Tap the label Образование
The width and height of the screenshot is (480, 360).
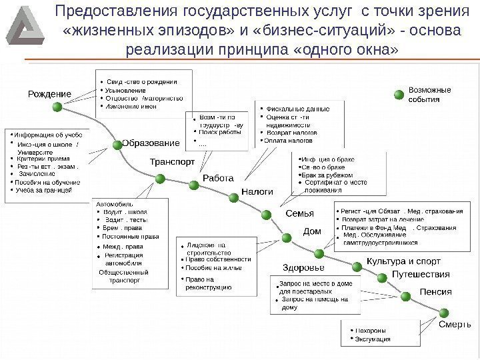pyautogui.click(x=151, y=143)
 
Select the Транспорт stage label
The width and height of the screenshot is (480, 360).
pyautogui.click(x=172, y=161)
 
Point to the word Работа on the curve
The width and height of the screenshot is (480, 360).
pyautogui.click(x=217, y=178)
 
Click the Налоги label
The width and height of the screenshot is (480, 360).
pyautogui.click(x=257, y=191)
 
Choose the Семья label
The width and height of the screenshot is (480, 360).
pyautogui.click(x=299, y=213)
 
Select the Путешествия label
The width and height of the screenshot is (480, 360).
pyautogui.click(x=420, y=274)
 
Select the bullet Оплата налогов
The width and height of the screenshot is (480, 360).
pyautogui.click(x=291, y=141)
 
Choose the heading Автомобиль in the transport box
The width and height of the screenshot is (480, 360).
pyautogui.click(x=115, y=203)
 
